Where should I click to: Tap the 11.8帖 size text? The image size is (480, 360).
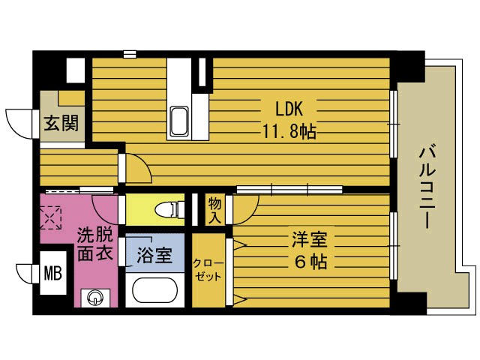pos(288,131)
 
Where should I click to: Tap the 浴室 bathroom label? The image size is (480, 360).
pos(154,255)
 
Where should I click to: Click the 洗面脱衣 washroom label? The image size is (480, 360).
pos(94,244)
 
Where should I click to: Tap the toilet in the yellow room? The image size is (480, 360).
pos(166,208)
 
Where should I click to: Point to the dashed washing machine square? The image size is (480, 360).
pos(52,217)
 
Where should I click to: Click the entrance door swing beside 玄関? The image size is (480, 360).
pos(20,121)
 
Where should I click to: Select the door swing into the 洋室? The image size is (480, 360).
pos(245,210)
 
